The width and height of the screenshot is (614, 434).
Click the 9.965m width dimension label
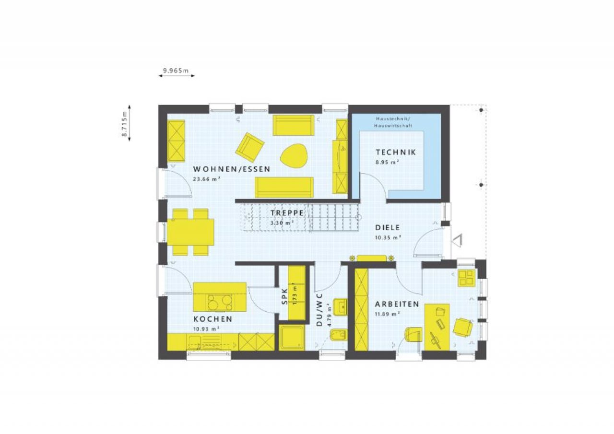tap(176, 70)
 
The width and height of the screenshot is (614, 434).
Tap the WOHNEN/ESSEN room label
tap(232, 169)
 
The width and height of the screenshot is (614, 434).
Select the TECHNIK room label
tap(396, 152)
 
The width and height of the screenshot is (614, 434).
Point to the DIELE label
tap(387, 227)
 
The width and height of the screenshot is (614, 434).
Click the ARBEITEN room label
tap(397, 304)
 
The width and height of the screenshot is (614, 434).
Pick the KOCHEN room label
tap(213, 319)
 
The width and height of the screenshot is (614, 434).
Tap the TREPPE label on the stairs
tap(287, 213)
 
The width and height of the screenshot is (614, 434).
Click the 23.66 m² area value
tap(207, 179)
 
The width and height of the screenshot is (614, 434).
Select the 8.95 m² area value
tap(387, 162)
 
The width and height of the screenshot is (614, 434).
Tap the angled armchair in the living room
tap(250, 147)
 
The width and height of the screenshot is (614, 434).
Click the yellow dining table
tap(190, 232)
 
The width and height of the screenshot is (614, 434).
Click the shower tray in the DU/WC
tap(292, 337)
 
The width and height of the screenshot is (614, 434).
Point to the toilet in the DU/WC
tap(339, 335)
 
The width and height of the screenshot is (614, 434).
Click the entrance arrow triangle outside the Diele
tap(458, 240)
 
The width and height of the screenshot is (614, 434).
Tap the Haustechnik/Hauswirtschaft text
tap(393, 122)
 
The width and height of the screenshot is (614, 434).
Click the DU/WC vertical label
tap(319, 310)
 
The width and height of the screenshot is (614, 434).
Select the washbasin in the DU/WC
tap(340, 306)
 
